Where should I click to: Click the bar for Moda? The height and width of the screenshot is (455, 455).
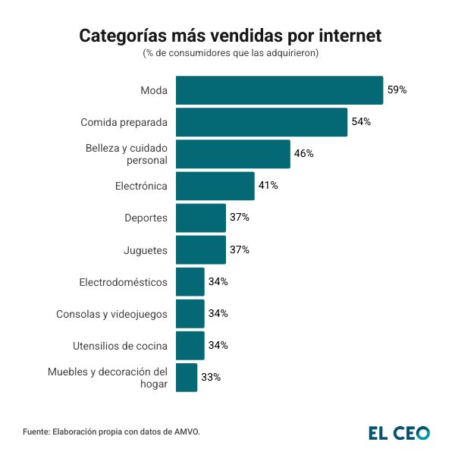[x=279, y=90]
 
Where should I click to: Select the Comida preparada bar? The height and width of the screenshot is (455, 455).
[x=262, y=122]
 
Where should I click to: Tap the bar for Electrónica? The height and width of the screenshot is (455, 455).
[x=215, y=186]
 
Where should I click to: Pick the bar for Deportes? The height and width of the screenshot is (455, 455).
[x=201, y=218]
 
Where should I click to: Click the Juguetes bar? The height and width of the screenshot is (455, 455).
[x=201, y=249]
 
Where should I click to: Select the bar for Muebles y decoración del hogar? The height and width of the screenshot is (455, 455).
[x=187, y=377]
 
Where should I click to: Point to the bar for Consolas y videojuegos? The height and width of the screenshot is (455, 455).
[x=190, y=313]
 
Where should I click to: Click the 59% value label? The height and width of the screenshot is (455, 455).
[x=397, y=90]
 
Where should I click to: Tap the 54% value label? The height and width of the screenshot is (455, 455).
[x=361, y=122]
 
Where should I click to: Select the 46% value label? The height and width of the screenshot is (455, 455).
[x=303, y=154]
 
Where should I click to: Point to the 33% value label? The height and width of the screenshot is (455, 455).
[x=210, y=377]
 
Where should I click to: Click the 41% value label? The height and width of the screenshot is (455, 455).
[x=268, y=186]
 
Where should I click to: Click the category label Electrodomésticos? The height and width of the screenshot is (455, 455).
[x=123, y=282]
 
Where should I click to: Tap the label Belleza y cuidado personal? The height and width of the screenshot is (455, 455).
[x=126, y=154]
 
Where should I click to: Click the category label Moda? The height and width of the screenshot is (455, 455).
[x=154, y=91]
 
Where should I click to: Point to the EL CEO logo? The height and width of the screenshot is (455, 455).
[x=399, y=433]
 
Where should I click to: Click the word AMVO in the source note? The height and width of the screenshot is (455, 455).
[x=186, y=431]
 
